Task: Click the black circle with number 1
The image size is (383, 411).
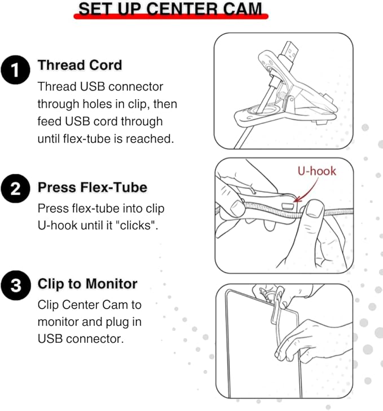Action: point(15,70)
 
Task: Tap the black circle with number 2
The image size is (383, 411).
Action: point(15,188)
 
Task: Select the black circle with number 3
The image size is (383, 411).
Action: point(15,285)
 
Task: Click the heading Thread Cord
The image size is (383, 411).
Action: point(80,65)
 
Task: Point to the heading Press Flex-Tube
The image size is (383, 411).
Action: point(93,187)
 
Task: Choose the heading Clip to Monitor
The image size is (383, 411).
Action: point(87,284)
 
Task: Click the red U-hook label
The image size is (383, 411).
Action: point(316,171)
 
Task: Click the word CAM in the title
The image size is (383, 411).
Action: point(243,8)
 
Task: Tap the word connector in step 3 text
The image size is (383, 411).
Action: point(95,339)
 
